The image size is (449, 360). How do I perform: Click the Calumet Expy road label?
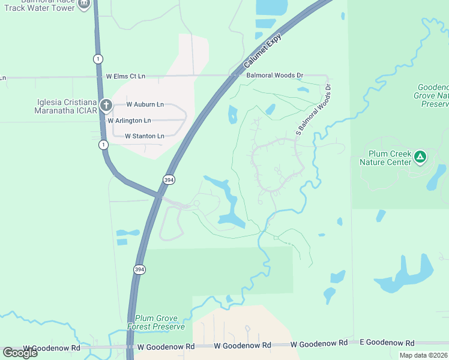coord(262,51)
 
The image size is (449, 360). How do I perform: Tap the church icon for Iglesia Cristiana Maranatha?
coord(106,106)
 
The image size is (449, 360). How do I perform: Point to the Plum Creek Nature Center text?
coord(385,157)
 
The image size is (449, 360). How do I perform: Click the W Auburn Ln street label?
coord(145,104)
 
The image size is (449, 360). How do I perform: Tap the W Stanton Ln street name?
coord(144,136)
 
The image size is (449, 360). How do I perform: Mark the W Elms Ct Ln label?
coord(125,76)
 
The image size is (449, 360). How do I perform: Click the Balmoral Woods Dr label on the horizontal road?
coord(275,75)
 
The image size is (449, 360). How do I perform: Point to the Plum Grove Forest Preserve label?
coord(156,322)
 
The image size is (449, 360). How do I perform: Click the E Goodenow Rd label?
coord(387,343)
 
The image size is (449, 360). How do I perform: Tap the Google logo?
coord(20,352)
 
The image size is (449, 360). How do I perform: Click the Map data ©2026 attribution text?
coord(423,355)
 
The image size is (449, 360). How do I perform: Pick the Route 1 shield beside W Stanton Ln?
coord(104,145)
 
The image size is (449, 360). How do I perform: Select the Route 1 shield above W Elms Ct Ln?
coord(97,58)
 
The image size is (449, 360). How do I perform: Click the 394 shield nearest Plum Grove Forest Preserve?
coord(139,270)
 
